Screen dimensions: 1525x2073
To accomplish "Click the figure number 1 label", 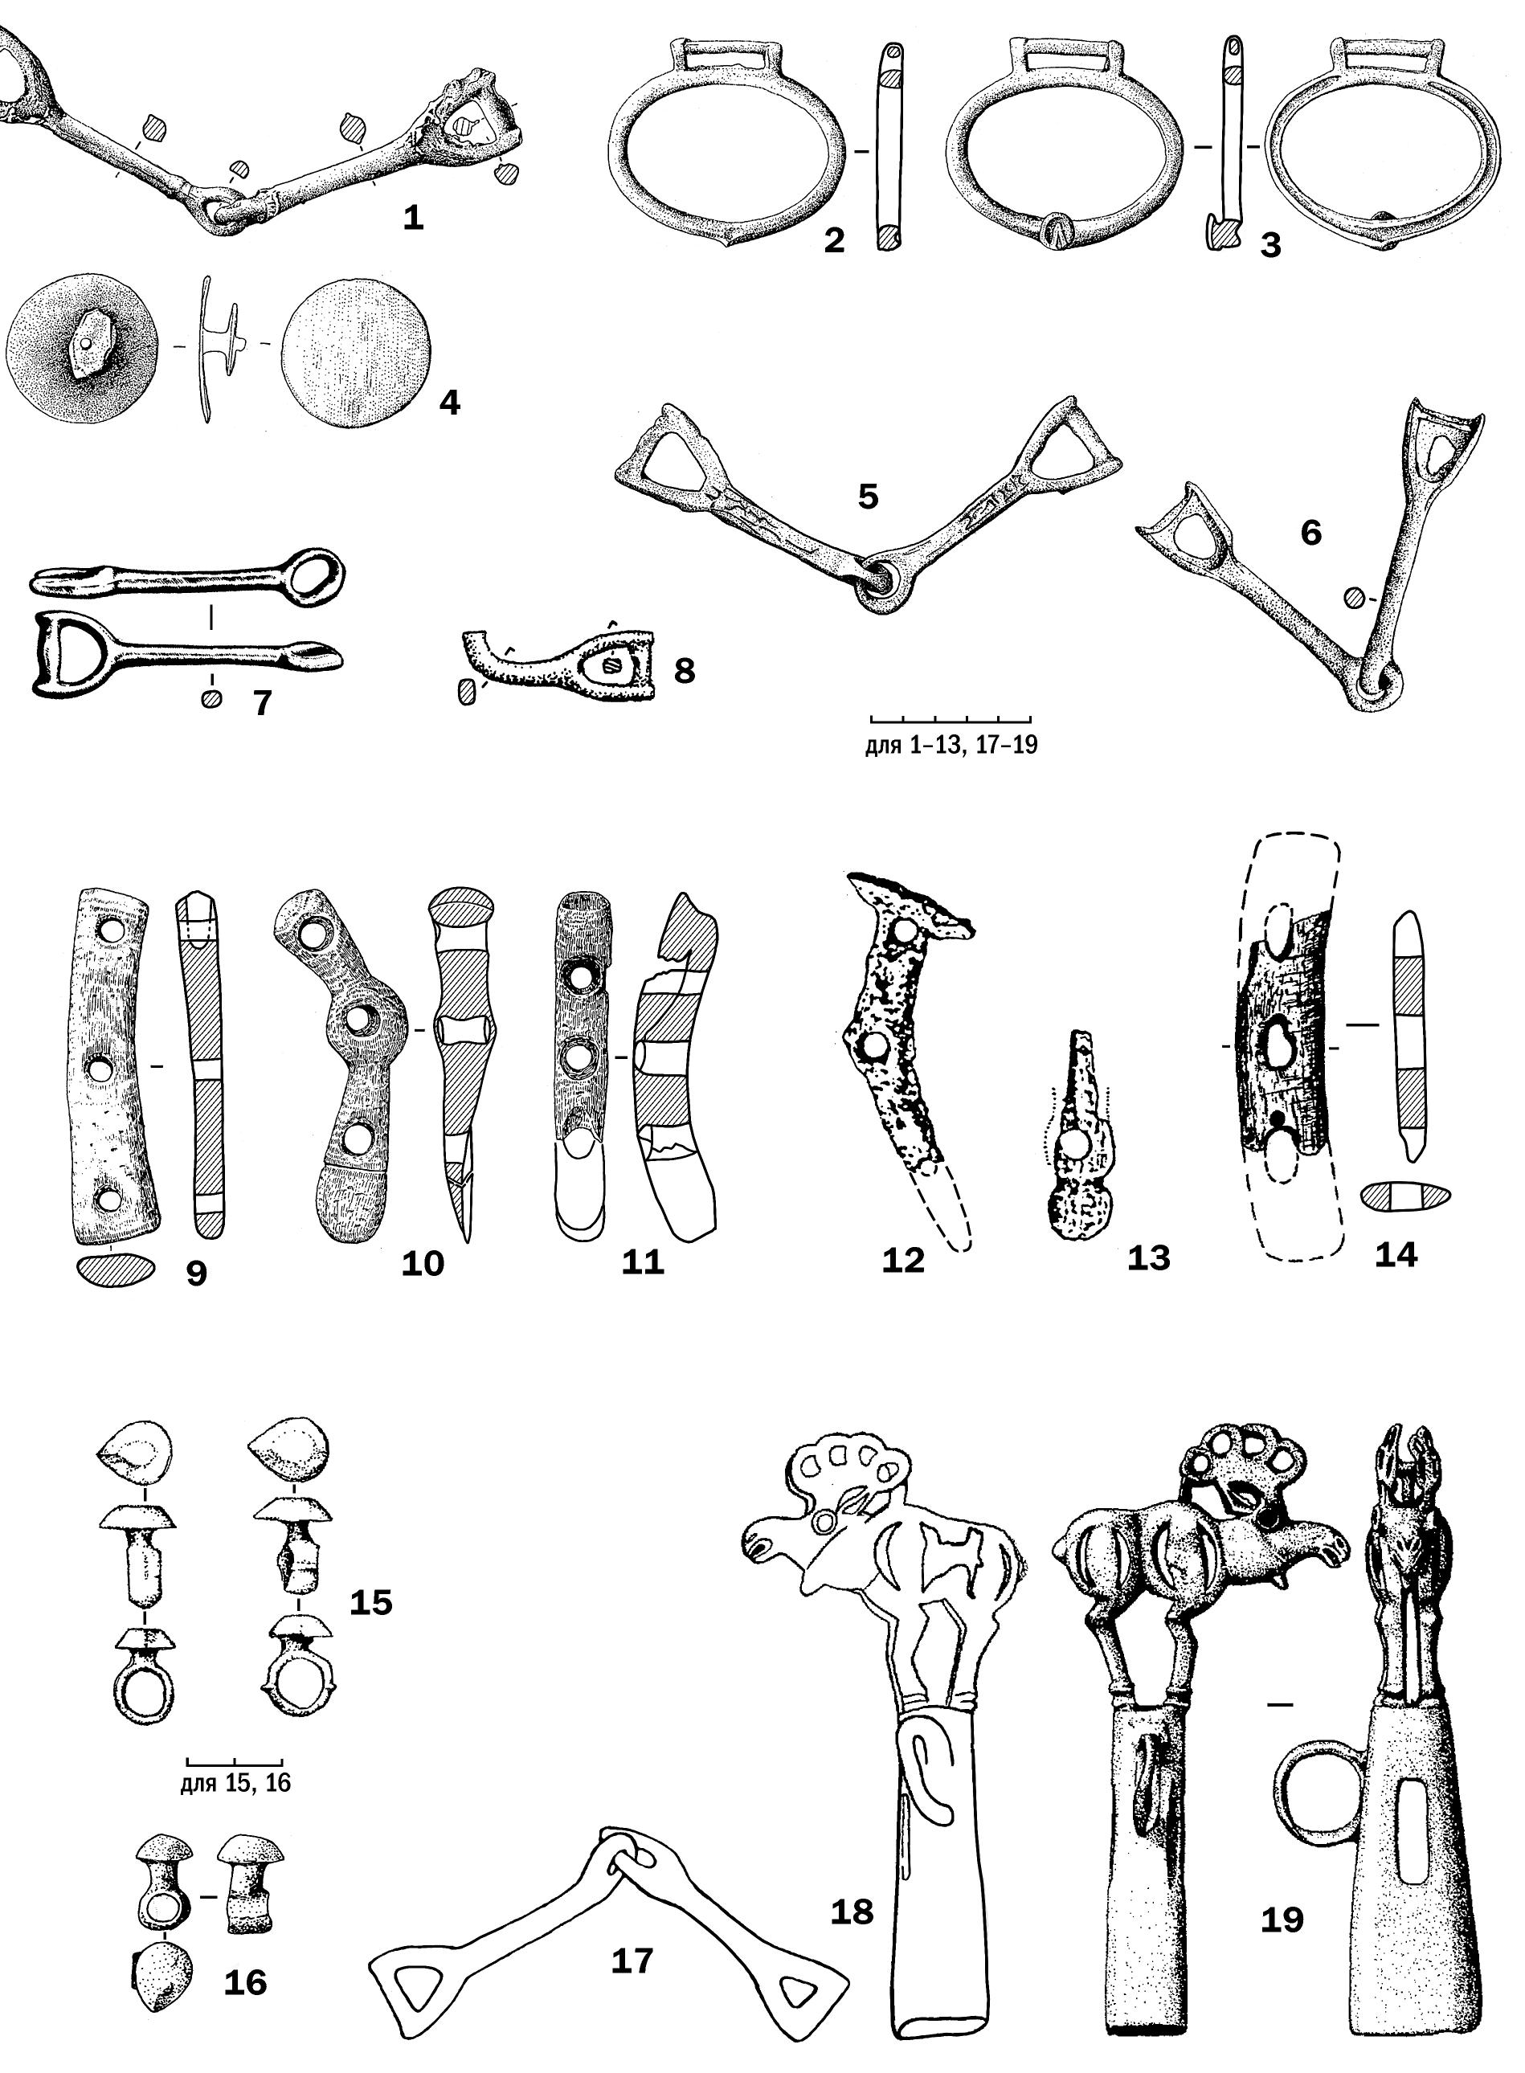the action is tap(414, 218).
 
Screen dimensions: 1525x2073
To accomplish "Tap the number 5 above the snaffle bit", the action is tap(868, 497).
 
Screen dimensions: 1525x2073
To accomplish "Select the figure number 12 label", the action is tap(903, 1260).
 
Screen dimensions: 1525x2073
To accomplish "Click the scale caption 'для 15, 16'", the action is tap(235, 1782).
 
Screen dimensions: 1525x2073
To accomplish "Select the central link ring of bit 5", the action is tap(881, 583).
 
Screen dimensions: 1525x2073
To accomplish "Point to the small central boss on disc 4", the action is tap(85, 342).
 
